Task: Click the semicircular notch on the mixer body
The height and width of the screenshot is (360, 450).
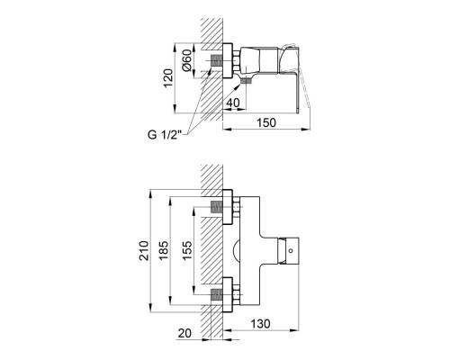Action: point(240,251)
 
